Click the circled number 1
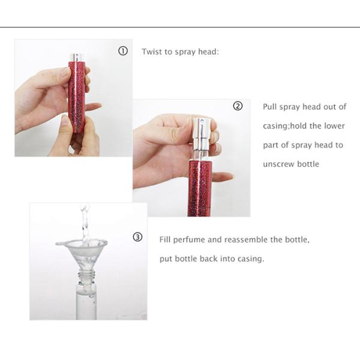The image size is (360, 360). [123, 51]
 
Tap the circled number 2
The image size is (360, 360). [238, 106]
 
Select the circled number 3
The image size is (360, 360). [137, 237]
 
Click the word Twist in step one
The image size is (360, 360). [150, 52]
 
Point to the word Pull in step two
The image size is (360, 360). [269, 107]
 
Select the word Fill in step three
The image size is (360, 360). [165, 239]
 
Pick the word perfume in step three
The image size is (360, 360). [189, 240]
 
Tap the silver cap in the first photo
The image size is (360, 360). [76, 57]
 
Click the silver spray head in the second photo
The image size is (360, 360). [201, 133]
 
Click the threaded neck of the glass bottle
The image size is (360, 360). [86, 274]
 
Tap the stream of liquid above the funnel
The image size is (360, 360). [85, 224]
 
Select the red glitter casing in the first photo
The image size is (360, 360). [77, 97]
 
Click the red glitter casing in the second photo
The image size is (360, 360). [200, 188]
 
